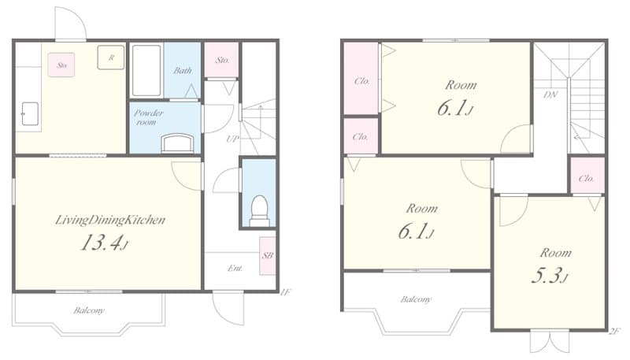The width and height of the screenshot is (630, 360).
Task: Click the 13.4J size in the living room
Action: click(x=105, y=243)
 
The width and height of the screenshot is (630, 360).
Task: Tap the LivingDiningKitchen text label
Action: click(x=109, y=220)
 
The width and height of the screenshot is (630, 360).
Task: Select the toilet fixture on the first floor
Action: click(x=258, y=209)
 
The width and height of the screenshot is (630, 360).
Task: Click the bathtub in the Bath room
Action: click(x=146, y=71)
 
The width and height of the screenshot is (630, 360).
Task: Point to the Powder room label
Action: click(x=148, y=117)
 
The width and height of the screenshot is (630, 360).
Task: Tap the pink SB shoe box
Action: click(x=268, y=257)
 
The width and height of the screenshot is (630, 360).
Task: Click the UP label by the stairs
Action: click(x=232, y=139)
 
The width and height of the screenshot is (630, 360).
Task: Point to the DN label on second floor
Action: click(x=551, y=93)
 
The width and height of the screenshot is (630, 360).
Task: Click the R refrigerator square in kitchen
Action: click(x=111, y=58)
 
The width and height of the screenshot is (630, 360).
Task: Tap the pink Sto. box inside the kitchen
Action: click(x=61, y=65)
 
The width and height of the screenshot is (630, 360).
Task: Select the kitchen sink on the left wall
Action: click(x=28, y=113)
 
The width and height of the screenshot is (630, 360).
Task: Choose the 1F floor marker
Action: click(x=285, y=292)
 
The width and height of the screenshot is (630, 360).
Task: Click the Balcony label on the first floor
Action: click(x=89, y=310)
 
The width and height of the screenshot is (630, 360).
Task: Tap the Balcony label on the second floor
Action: click(x=416, y=299)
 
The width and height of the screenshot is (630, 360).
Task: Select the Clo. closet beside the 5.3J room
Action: click(x=587, y=177)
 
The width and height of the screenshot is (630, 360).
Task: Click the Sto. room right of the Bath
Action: click(x=222, y=60)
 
